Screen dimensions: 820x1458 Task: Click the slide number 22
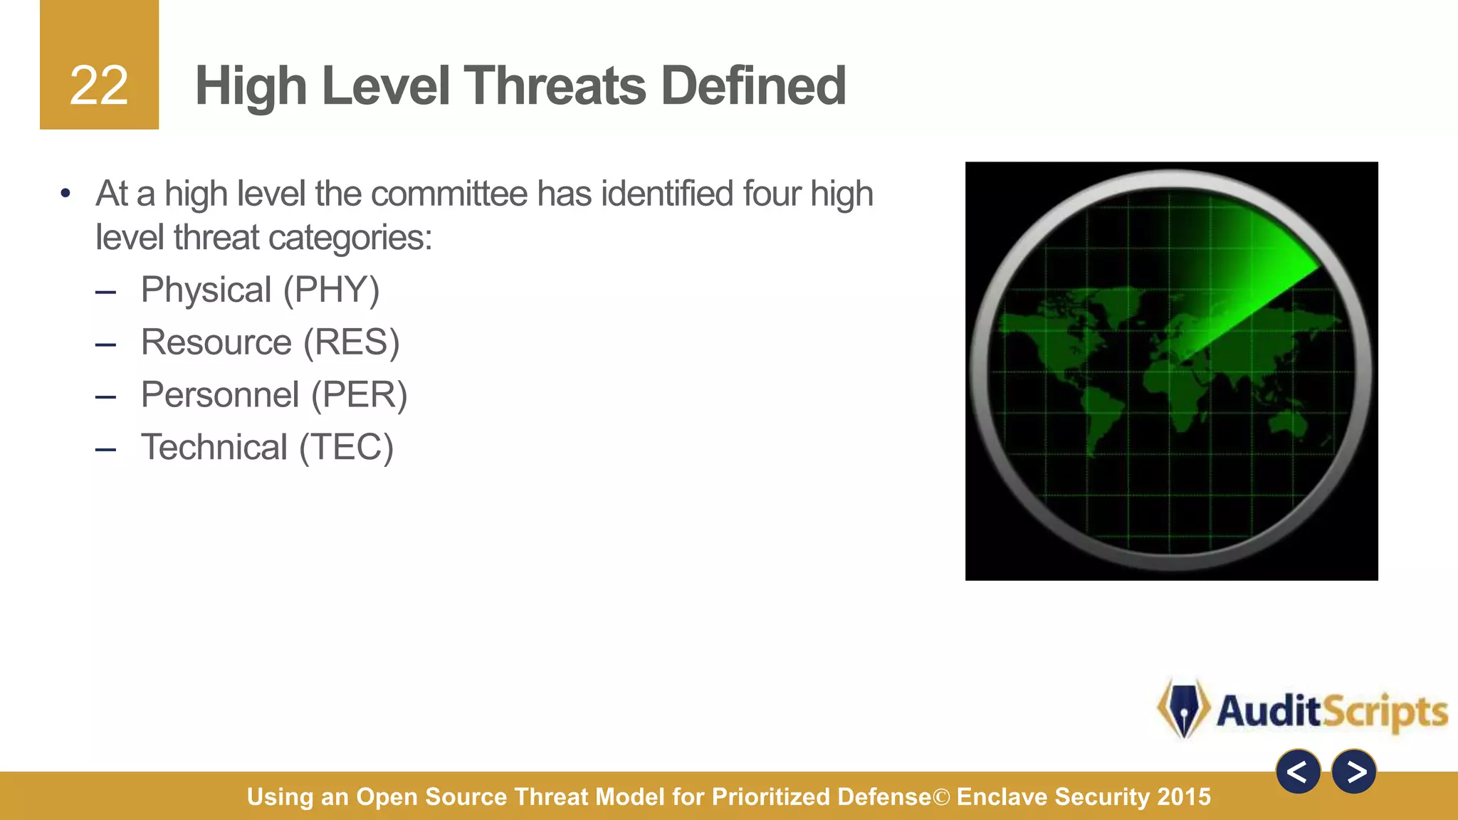[x=99, y=86]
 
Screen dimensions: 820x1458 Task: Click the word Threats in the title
[x=556, y=86]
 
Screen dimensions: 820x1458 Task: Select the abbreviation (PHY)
[x=331, y=290]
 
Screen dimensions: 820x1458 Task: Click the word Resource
[x=216, y=342]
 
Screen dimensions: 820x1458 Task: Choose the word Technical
[x=214, y=448]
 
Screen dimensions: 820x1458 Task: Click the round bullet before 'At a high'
[x=65, y=194]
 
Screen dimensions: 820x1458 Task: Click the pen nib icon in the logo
[x=1183, y=709]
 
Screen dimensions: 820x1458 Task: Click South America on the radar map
[x=1100, y=420]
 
